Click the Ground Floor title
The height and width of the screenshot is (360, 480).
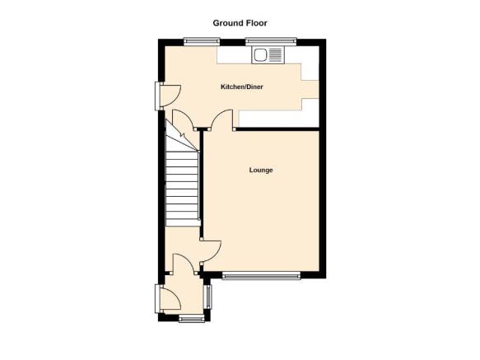[x=240, y=23]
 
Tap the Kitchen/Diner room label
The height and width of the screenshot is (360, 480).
[x=242, y=86]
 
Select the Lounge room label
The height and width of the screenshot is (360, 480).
[x=261, y=170]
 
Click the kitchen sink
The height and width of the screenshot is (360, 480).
[x=268, y=55]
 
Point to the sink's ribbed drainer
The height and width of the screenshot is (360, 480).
[x=276, y=55]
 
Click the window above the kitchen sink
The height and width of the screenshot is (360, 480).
[x=271, y=41]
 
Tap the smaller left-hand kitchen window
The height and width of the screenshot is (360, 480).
[x=202, y=41]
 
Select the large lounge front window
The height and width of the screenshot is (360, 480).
[x=261, y=276]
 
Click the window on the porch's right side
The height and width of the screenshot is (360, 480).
[x=207, y=297]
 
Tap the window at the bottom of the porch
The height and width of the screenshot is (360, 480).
[x=192, y=320]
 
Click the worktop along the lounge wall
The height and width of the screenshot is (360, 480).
[x=278, y=119]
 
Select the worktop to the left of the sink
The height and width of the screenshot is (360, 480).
[x=234, y=55]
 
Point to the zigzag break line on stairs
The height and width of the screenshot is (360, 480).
[x=182, y=134]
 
